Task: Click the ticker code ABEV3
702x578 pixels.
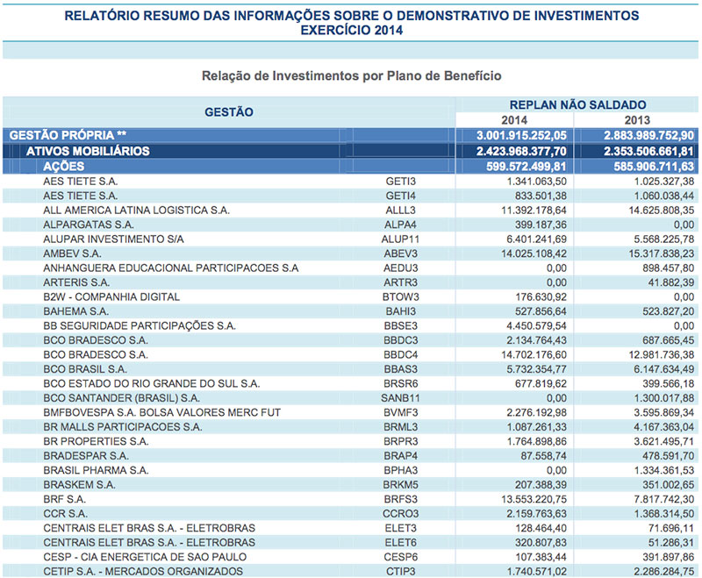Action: pyautogui.click(x=400, y=253)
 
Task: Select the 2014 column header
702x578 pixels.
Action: pyautogui.click(x=513, y=119)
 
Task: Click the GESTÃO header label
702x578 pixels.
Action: pyautogui.click(x=228, y=111)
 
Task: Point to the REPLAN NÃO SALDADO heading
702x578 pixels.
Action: pyautogui.click(x=577, y=104)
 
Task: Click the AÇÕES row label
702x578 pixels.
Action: pyautogui.click(x=64, y=166)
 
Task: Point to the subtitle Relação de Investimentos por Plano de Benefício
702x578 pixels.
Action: pyautogui.click(x=351, y=76)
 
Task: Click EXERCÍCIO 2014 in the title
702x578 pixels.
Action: pyautogui.click(x=351, y=30)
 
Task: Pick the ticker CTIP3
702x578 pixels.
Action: pyautogui.click(x=399, y=572)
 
